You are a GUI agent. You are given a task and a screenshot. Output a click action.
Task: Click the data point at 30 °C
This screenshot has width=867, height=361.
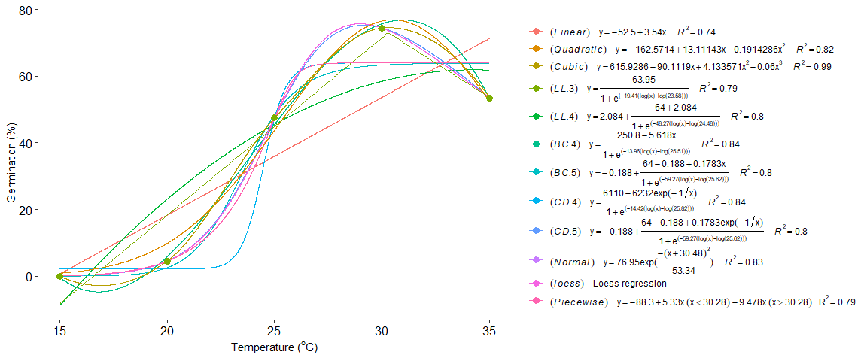(x=382, y=29)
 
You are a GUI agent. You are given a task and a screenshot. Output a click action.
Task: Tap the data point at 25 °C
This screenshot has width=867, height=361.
(x=275, y=118)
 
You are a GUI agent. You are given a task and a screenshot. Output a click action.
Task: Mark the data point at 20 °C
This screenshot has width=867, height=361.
(x=167, y=261)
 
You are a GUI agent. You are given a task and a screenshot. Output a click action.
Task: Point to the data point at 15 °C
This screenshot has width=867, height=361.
(x=59, y=276)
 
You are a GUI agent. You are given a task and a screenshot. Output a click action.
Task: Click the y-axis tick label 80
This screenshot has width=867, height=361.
(x=26, y=10)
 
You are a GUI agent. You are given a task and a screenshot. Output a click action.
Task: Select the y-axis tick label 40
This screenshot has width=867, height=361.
(x=26, y=143)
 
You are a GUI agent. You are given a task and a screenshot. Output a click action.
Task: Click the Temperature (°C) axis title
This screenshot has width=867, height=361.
(x=275, y=347)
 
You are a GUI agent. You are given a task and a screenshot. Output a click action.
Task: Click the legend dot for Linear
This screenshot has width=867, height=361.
(x=536, y=32)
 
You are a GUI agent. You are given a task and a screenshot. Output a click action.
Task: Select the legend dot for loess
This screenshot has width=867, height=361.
(x=536, y=284)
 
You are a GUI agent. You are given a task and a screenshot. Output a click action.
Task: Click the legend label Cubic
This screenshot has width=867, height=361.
(x=570, y=66)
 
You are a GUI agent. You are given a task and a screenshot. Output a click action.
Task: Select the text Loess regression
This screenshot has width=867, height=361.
(x=630, y=284)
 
